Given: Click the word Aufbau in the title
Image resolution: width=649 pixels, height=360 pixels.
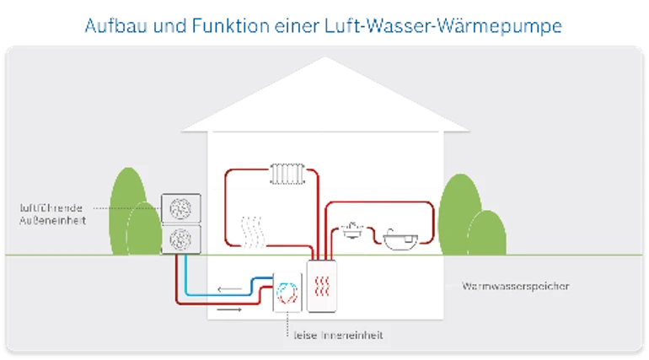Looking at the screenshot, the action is [x=116, y=25].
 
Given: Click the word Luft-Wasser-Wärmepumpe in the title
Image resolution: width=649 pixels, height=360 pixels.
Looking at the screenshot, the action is [x=443, y=26].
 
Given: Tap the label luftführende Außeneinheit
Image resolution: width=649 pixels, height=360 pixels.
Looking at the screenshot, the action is [x=52, y=214].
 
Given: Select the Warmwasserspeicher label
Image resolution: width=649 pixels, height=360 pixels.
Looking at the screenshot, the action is [x=515, y=286].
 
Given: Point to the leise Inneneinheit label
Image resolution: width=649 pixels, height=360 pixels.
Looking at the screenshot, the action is [x=338, y=336].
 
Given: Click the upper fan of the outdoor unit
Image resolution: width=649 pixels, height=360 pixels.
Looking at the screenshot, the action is [x=181, y=208].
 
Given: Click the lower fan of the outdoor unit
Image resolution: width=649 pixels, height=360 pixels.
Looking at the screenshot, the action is [x=181, y=239].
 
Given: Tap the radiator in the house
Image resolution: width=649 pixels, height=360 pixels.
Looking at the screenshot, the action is [x=287, y=174].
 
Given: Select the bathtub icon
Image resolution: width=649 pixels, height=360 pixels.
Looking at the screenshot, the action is [x=400, y=239].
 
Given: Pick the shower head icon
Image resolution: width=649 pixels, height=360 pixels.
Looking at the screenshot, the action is [x=352, y=230].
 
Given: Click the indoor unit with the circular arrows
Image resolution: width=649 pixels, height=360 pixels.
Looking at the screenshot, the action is [x=287, y=293].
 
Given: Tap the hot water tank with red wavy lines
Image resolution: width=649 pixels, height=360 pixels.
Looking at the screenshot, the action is [x=322, y=286].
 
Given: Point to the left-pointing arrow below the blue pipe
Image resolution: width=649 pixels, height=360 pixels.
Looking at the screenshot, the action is [x=230, y=289].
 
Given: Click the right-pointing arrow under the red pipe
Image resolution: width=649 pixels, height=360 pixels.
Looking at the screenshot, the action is [x=229, y=309].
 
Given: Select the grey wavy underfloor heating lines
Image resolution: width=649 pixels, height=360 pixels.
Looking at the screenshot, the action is [x=253, y=232].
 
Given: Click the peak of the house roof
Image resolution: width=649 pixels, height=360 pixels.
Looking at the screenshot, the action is [x=324, y=57].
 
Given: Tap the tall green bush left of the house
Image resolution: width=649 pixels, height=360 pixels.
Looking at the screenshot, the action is [x=128, y=210].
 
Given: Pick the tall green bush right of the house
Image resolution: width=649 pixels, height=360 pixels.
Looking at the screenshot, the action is [x=459, y=214].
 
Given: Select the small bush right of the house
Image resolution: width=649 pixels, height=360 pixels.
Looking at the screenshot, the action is [x=487, y=233].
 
